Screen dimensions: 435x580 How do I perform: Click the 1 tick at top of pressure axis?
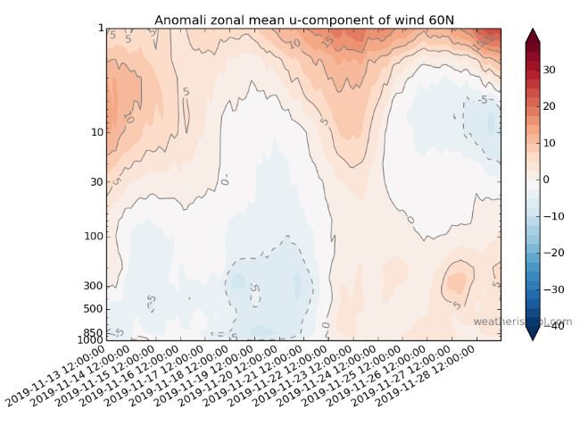100,28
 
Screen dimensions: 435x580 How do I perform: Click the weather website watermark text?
521,322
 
